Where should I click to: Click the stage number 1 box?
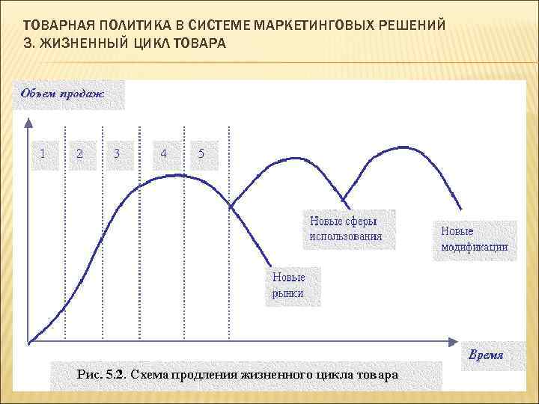[43, 155]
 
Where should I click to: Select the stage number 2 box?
[81, 155]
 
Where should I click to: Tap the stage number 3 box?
[118, 155]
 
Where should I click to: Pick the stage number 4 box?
[164, 155]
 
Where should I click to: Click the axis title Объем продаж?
[63, 94]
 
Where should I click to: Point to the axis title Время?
[486, 355]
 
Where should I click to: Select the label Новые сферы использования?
[347, 229]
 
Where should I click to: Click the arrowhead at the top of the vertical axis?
[27, 120]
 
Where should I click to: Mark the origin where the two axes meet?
[28, 343]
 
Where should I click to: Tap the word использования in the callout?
[346, 236]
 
